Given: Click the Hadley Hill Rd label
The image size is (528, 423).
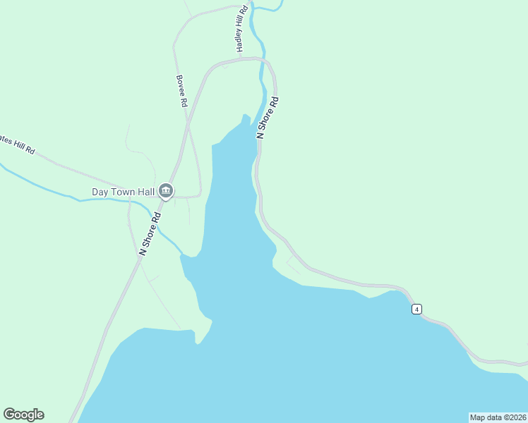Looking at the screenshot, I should (x=242, y=30).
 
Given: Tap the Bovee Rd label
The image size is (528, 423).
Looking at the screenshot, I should (x=181, y=92).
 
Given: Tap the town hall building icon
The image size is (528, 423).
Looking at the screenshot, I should (x=166, y=190).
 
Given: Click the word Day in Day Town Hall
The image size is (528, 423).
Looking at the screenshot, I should (x=100, y=192).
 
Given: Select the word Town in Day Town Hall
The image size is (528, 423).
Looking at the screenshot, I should (x=124, y=192).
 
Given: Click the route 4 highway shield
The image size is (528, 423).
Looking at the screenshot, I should (x=417, y=309).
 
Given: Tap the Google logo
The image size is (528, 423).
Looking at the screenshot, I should (x=23, y=415).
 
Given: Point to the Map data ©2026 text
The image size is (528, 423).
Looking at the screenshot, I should (x=498, y=417).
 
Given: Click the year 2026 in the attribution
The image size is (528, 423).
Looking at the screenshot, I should (x=516, y=417).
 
